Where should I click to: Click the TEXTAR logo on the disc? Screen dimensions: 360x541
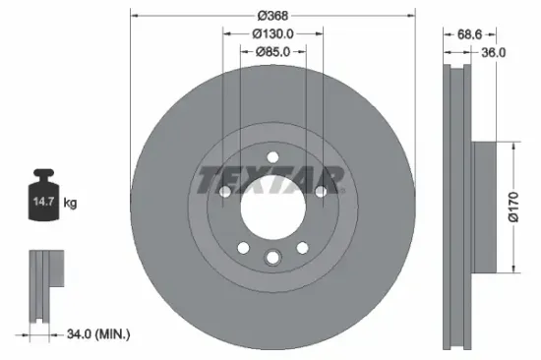click(x=271, y=180)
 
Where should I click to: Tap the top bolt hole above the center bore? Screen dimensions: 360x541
click(x=272, y=156)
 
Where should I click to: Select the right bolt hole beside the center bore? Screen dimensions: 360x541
click(x=321, y=192)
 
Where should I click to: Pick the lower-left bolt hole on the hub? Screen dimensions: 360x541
click(x=242, y=249)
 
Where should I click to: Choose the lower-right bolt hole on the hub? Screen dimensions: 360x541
click(x=302, y=249)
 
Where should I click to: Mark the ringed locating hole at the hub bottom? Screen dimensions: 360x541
click(x=272, y=258)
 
